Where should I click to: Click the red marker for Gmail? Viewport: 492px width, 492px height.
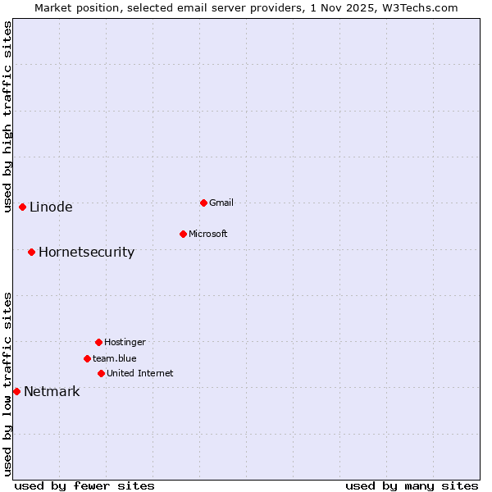click(x=203, y=203)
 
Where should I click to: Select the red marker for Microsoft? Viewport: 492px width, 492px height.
click(x=183, y=234)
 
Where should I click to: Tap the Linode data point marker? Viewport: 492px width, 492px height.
click(x=22, y=207)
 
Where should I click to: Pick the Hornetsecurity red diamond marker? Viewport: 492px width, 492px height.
click(x=31, y=252)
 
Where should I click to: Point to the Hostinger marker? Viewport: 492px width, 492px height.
click(x=98, y=342)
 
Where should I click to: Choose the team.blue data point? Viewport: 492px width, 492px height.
click(x=87, y=358)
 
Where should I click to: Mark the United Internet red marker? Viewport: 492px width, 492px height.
click(x=101, y=373)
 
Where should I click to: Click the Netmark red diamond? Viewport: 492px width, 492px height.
click(x=16, y=391)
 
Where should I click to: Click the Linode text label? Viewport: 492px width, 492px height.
click(x=51, y=207)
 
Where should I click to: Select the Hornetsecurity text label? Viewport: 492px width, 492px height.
click(x=86, y=253)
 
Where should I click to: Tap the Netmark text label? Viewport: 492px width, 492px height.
click(x=52, y=392)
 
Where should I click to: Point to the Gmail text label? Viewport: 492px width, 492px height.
click(x=221, y=203)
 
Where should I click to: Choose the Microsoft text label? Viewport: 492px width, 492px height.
click(x=208, y=235)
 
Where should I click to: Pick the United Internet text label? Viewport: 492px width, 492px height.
click(x=140, y=374)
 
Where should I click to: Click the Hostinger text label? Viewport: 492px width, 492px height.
click(x=125, y=343)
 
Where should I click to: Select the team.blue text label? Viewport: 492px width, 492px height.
click(x=115, y=359)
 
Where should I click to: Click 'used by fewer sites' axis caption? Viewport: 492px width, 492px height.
click(x=84, y=486)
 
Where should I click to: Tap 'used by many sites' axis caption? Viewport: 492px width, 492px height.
click(x=412, y=486)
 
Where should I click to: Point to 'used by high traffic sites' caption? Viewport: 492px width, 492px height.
click(x=7, y=117)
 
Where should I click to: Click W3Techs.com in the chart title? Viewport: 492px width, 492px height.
click(x=417, y=7)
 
